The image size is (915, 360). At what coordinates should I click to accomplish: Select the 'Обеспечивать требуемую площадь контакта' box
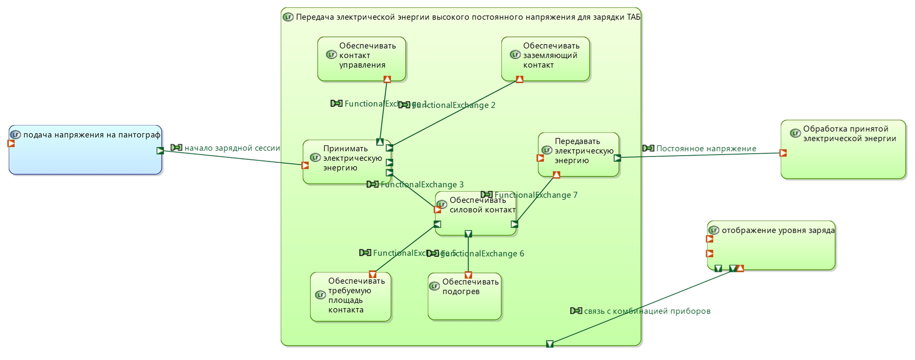pyautogui.click(x=350, y=297)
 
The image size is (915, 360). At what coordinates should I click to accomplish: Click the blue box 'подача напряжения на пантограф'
pyautogui.click(x=86, y=150)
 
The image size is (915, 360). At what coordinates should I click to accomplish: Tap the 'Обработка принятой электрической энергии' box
pyautogui.click(x=843, y=150)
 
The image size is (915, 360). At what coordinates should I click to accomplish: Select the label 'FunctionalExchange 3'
pyautogui.click(x=422, y=185)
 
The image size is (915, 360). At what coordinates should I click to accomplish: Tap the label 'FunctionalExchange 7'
pyautogui.click(x=536, y=195)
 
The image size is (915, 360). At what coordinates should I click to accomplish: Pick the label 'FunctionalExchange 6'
pyautogui.click(x=482, y=254)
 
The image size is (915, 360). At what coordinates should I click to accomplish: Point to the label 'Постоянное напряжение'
pyautogui.click(x=706, y=149)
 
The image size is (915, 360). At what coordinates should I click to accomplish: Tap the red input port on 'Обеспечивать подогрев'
pyautogui.click(x=469, y=275)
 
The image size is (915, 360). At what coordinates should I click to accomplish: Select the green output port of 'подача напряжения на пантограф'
pyautogui.click(x=160, y=151)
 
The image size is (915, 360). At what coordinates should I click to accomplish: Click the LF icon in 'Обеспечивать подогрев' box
pyautogui.click(x=435, y=286)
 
